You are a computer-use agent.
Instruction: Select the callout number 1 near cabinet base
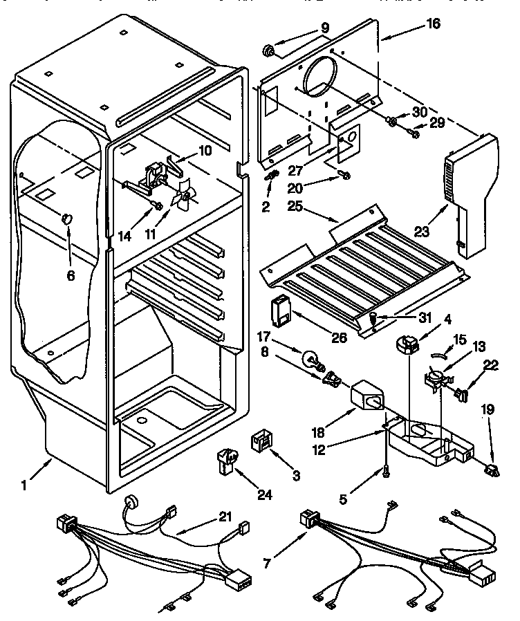point(24,485)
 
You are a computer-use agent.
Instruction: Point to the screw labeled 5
point(384,470)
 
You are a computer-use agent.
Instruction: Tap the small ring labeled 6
point(67,219)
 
